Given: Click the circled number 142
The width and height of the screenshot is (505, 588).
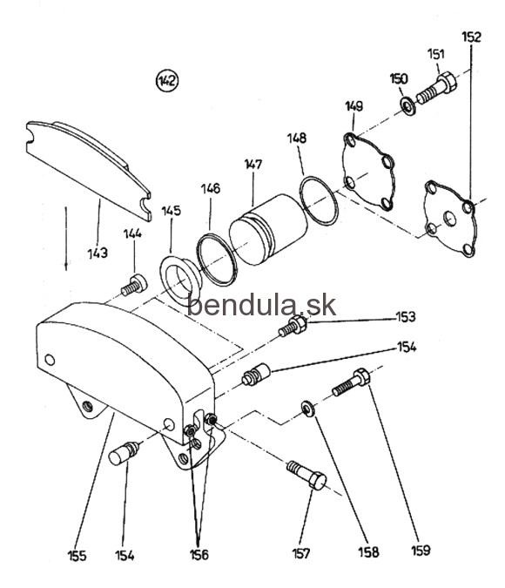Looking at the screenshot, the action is (167, 81).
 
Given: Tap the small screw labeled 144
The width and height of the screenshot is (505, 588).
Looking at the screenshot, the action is (134, 285).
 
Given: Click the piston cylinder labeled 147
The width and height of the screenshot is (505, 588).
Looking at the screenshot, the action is (268, 229).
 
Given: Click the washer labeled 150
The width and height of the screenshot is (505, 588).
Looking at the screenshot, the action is (407, 105).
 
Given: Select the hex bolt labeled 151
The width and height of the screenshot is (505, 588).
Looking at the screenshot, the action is (437, 88).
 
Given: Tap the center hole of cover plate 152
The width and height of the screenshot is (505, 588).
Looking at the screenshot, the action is (449, 219).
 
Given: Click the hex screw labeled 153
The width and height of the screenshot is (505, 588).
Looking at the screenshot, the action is (293, 326).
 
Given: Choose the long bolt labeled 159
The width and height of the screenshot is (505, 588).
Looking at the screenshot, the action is (351, 382).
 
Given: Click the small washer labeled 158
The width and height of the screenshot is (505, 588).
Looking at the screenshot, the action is (308, 408).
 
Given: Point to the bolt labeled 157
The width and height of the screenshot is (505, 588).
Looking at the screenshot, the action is (306, 475).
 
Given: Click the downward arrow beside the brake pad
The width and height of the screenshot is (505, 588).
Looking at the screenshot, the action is (66, 238).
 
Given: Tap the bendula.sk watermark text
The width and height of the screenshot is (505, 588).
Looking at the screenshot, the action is (261, 305).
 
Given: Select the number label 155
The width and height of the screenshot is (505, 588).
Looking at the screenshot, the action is (77, 556).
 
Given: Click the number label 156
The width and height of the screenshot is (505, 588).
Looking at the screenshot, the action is (199, 555).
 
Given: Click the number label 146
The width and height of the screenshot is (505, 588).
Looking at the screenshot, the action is (211, 188).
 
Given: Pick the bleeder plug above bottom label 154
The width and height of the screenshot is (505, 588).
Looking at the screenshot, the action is (125, 453).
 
